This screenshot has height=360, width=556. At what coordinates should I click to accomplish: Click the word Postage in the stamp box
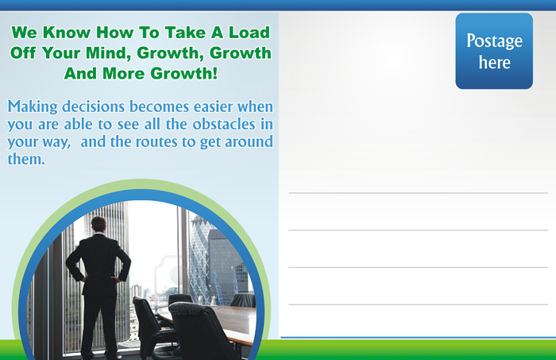pyautogui.click(x=494, y=41)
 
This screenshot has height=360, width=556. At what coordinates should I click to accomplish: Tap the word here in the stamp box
pyautogui.click(x=495, y=63)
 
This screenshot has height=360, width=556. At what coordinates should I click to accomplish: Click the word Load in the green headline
pyautogui.click(x=249, y=33)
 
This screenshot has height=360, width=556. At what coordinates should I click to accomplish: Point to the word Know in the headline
pyautogui.click(x=67, y=33)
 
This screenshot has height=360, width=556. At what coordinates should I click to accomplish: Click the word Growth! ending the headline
pyautogui.click(x=183, y=73)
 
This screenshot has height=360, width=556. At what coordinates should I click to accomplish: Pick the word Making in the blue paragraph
pyautogui.click(x=33, y=107)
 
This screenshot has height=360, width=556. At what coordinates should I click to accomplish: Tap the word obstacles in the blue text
pyautogui.click(x=224, y=124)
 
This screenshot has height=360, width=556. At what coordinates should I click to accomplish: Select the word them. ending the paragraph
pyautogui.click(x=26, y=159)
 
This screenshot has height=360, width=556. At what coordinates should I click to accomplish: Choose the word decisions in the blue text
pyautogui.click(x=93, y=106)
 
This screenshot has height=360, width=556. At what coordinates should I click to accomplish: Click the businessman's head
pyautogui.click(x=98, y=224)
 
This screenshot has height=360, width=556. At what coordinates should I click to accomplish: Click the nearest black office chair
pyautogui.click(x=200, y=330)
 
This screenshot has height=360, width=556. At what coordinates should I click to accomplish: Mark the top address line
pyautogui.click(x=419, y=193)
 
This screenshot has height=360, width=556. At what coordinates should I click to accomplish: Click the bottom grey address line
pyautogui.click(x=419, y=304)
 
